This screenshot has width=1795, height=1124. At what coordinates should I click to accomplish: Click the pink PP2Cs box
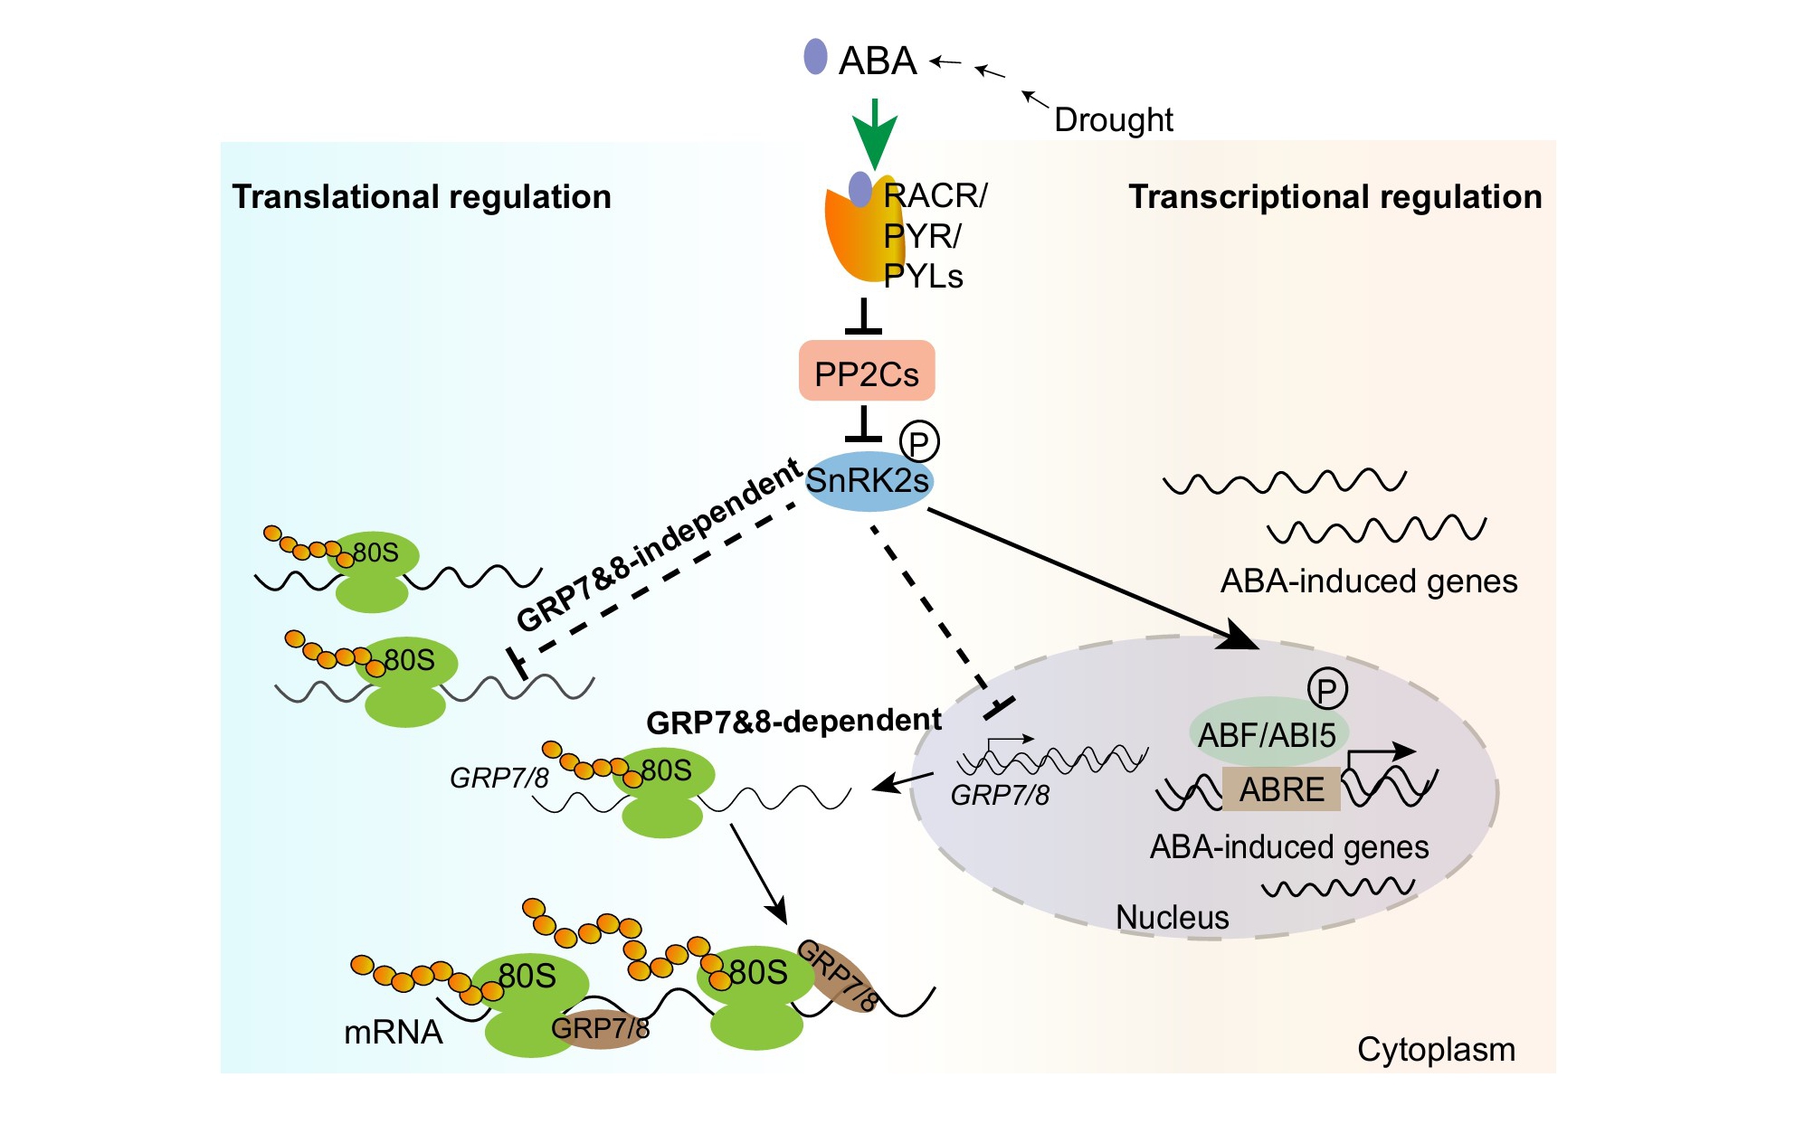point(866,372)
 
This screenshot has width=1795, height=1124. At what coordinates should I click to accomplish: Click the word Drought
point(1113,119)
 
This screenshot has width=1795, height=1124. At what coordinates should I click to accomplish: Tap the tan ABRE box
point(1281,789)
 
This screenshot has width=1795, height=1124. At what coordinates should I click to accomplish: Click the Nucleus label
point(1172,917)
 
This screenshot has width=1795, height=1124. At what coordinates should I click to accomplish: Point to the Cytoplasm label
point(1436,1050)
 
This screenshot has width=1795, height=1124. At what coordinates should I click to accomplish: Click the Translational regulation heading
point(422,197)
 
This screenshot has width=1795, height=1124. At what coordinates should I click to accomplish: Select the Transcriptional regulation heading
point(1334,197)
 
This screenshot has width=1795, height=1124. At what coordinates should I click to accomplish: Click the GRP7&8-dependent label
point(793,722)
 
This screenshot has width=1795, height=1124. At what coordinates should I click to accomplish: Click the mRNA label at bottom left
point(393,1032)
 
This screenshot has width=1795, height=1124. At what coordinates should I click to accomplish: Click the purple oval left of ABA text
point(815,57)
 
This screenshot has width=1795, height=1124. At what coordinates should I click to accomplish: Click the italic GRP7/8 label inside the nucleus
point(1000,795)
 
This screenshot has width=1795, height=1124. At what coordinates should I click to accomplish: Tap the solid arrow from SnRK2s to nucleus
point(1086,576)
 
